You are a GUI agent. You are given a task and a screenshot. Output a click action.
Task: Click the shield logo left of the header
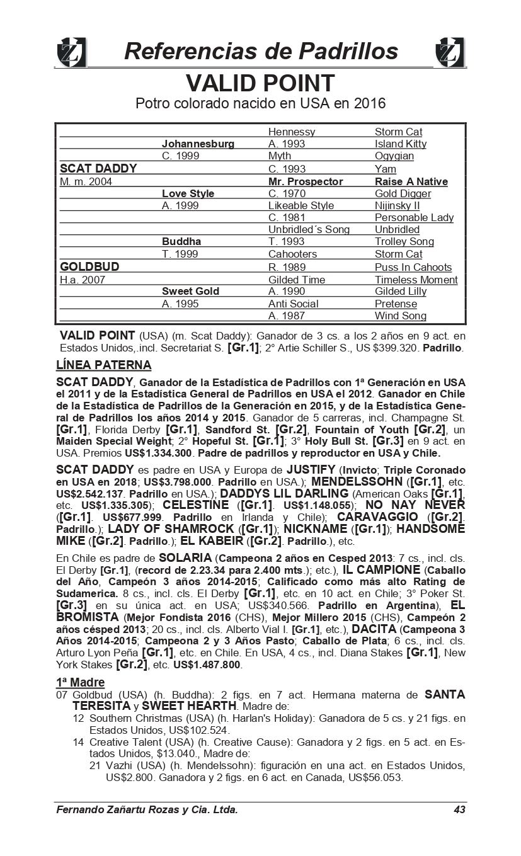[x=71, y=52]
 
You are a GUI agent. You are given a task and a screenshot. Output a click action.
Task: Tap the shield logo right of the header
[x=450, y=52]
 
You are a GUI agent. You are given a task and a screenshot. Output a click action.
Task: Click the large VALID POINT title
[x=260, y=83]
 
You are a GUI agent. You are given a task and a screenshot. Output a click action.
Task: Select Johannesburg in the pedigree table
[x=198, y=144]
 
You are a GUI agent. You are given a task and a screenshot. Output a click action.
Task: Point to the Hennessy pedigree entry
[x=291, y=132]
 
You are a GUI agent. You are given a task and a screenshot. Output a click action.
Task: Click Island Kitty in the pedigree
[x=400, y=144]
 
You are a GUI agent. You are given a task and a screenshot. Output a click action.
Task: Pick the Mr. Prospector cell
[x=306, y=181]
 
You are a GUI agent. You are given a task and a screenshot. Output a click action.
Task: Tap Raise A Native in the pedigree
[x=411, y=181]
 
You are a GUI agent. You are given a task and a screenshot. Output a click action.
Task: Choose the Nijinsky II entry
[x=397, y=205]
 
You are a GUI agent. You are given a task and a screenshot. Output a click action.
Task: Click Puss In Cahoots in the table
[x=413, y=267]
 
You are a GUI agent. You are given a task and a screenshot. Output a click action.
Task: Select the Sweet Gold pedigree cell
[x=190, y=291]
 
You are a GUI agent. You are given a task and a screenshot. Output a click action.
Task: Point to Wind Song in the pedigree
[x=400, y=316]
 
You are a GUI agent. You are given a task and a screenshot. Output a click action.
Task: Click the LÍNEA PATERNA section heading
[x=103, y=365]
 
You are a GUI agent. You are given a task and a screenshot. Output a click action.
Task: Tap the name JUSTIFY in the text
[x=311, y=470]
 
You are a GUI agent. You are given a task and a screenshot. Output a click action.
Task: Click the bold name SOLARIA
[x=185, y=558]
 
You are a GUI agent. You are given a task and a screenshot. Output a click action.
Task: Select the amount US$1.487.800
[x=207, y=665]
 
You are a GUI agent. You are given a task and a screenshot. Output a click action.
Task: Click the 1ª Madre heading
[x=80, y=682]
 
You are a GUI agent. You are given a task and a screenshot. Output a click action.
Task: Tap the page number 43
[x=459, y=809]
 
